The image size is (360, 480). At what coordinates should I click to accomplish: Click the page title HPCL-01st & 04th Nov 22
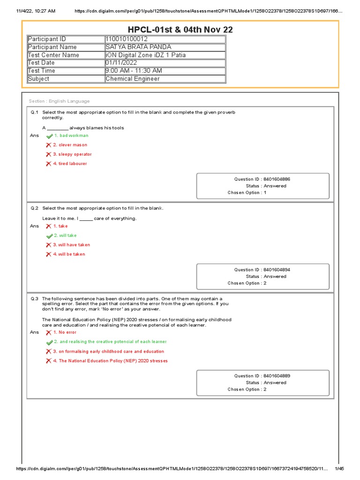pos(180,30)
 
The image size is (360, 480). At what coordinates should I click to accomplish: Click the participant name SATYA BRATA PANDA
pos(138,47)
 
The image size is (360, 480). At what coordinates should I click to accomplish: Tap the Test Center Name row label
pos(53,55)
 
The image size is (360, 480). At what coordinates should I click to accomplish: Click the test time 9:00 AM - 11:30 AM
pos(134,71)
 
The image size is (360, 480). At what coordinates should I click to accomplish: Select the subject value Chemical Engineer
pos(133,79)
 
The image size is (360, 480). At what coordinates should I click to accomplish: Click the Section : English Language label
pos(59,101)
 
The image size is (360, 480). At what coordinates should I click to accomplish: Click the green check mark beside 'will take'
pos(49,236)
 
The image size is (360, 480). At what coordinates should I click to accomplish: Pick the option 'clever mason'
pos(73,145)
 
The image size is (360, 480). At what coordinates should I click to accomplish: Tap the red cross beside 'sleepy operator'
pos(48,154)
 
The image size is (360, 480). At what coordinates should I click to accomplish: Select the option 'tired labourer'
pos(72,164)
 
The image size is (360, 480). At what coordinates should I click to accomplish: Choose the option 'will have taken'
pos(74,245)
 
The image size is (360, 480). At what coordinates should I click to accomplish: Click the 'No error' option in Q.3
pos(67,332)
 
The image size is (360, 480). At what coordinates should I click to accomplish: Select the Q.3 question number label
pos(34,299)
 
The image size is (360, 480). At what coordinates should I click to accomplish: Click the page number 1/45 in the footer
pos(339,469)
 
